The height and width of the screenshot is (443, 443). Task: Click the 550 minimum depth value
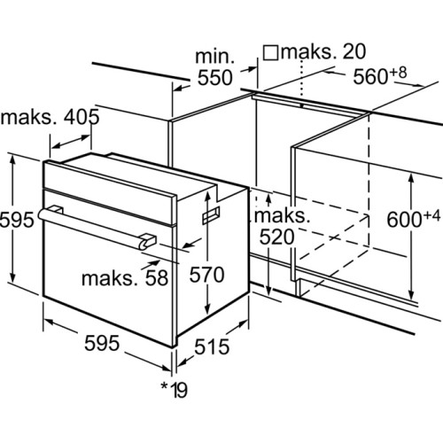[214, 78]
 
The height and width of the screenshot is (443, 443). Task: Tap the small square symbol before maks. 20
[271, 53]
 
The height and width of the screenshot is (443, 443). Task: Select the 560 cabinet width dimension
[370, 76]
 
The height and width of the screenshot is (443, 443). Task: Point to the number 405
[82, 117]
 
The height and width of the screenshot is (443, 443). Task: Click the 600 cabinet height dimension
[404, 220]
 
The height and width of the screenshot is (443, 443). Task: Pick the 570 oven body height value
[206, 275]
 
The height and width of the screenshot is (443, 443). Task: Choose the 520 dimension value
[277, 237]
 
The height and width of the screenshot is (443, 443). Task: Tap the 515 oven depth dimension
[212, 346]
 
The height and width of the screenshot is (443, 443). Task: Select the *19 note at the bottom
[174, 390]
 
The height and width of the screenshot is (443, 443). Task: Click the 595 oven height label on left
[17, 220]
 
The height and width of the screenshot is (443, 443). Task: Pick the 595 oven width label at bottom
[102, 343]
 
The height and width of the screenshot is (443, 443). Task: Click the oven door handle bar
[96, 228]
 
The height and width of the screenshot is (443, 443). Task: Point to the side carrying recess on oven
[211, 215]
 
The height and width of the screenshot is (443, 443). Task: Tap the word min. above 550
[214, 56]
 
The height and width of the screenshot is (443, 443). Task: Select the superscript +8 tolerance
[398, 73]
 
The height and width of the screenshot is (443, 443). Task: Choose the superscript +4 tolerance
[431, 216]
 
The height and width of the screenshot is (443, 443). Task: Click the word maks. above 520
[282, 216]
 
